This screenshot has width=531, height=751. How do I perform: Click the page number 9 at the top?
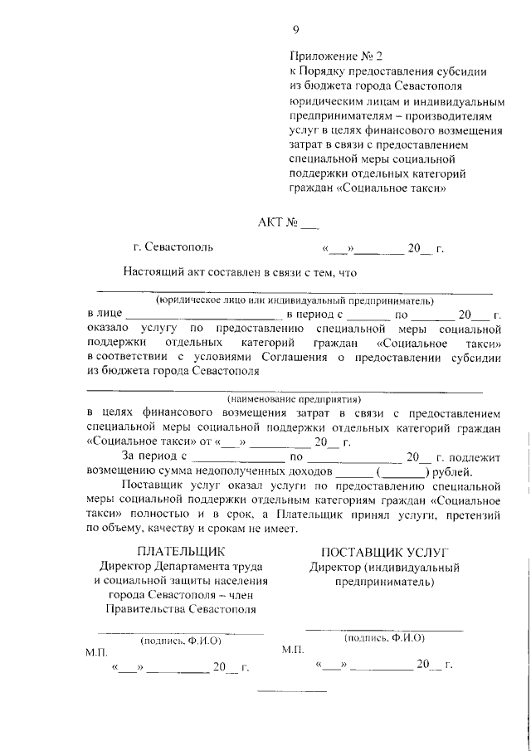click(x=295, y=31)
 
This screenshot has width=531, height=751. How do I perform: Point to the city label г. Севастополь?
click(x=173, y=247)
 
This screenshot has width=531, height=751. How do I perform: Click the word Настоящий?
click(x=153, y=271)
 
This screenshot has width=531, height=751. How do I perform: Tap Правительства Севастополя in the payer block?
click(x=181, y=610)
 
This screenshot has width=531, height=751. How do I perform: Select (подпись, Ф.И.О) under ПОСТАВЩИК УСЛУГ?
click(x=384, y=638)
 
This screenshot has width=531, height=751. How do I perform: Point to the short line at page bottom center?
click(x=291, y=692)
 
